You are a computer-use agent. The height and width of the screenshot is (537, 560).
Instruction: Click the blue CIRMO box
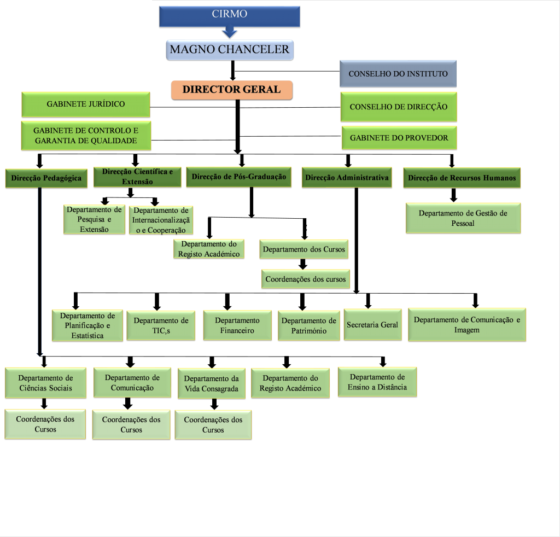(x=229, y=16)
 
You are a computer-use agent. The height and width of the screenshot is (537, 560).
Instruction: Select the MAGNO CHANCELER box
(x=230, y=50)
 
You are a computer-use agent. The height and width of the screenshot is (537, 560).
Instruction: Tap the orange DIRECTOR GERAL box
(x=231, y=90)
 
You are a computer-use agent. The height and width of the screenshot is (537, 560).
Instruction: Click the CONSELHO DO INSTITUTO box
(x=398, y=74)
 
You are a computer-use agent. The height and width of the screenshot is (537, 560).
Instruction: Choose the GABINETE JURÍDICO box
(x=85, y=104)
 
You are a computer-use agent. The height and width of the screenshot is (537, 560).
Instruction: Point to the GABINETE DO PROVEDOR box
(x=399, y=138)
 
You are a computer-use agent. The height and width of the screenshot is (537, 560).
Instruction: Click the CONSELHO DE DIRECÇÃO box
(x=398, y=107)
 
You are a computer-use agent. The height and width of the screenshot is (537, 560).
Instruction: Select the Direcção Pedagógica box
(x=46, y=178)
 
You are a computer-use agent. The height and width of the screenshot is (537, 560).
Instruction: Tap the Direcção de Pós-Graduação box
(x=238, y=177)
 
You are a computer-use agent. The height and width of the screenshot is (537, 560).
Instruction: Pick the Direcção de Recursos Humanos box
(x=462, y=178)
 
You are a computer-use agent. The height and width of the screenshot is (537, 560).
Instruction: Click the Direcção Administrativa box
(x=347, y=178)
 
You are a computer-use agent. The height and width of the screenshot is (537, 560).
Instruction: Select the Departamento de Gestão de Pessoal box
(x=463, y=218)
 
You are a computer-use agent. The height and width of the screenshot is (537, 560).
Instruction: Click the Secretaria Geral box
(x=372, y=325)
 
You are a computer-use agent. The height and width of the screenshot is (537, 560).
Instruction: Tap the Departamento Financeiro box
(x=237, y=325)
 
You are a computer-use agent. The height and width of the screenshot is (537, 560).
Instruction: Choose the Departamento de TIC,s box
(x=161, y=325)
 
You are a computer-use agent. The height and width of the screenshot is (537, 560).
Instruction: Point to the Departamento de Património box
(x=309, y=326)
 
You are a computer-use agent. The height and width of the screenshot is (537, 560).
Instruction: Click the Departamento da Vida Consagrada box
(x=211, y=383)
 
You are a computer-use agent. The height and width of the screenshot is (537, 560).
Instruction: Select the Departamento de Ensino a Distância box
(x=377, y=382)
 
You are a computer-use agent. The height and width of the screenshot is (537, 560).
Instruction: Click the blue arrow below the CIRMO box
(x=230, y=33)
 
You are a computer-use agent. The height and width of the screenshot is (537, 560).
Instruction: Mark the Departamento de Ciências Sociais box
(x=45, y=383)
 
